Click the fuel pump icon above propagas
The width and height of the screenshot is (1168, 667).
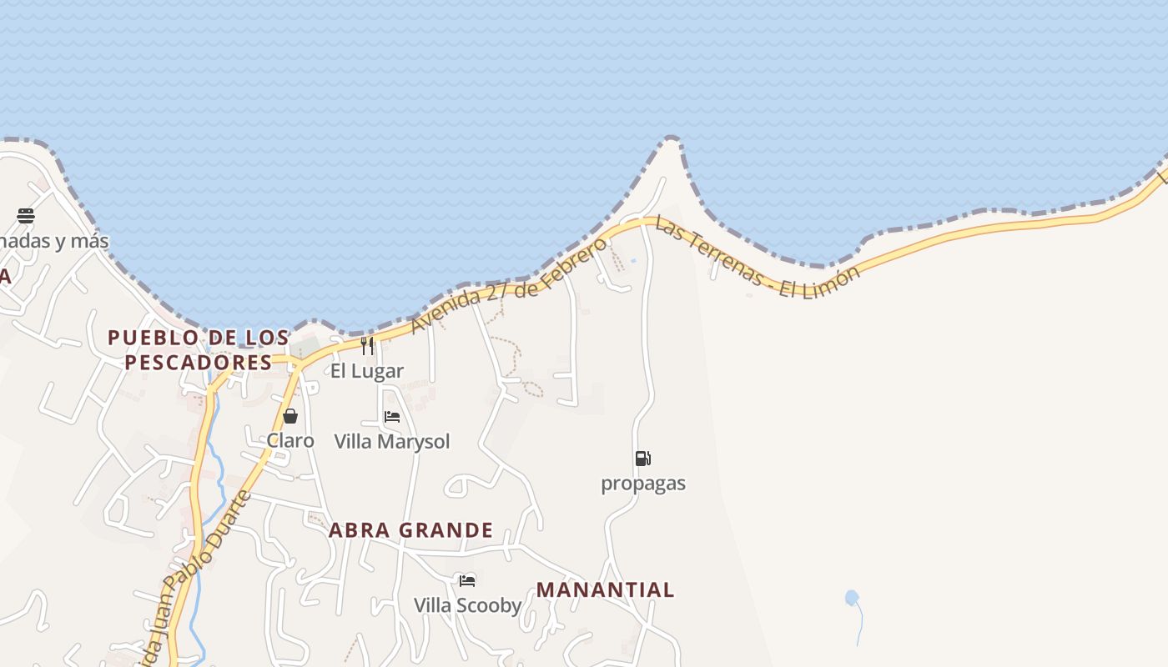pyautogui.click(x=642, y=458)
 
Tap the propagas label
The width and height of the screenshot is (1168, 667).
pyautogui.click(x=643, y=484)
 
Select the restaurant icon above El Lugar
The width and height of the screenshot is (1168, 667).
pyautogui.click(x=367, y=346)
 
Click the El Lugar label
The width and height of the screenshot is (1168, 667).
pyautogui.click(x=367, y=371)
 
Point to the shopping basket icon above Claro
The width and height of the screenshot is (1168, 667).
pyautogui.click(x=290, y=416)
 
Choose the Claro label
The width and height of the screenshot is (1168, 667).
pyautogui.click(x=290, y=440)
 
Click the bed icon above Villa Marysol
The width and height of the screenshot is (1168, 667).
pyautogui.click(x=392, y=417)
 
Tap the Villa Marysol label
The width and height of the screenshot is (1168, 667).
pyautogui.click(x=392, y=441)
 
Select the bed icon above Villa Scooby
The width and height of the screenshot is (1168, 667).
pyautogui.click(x=467, y=580)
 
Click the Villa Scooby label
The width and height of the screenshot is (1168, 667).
pyautogui.click(x=468, y=605)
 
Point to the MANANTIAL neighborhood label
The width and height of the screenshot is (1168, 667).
pyautogui.click(x=605, y=590)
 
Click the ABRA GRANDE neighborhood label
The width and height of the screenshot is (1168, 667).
pyautogui.click(x=410, y=530)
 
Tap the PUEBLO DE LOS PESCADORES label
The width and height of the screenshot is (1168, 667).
pyautogui.click(x=199, y=350)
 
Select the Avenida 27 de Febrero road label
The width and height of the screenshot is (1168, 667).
pyautogui.click(x=509, y=285)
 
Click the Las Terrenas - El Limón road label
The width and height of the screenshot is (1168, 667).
pyautogui.click(x=756, y=258)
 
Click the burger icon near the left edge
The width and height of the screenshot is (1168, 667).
pyautogui.click(x=26, y=216)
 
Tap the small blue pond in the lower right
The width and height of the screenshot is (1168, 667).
pyautogui.click(x=851, y=597)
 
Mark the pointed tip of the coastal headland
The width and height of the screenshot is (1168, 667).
pyautogui.click(x=671, y=140)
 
